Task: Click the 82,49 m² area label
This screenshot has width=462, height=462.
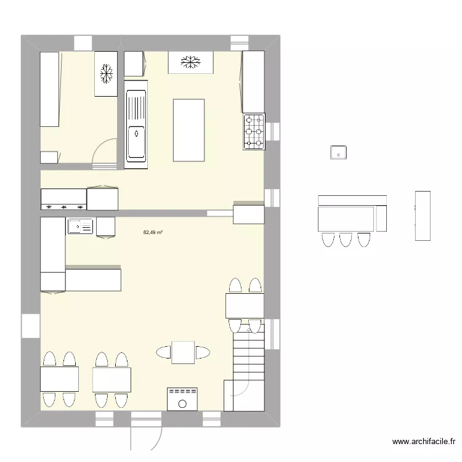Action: click(153, 233)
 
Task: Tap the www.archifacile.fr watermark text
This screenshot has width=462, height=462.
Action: click(423, 442)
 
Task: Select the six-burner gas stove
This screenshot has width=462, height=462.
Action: click(254, 131)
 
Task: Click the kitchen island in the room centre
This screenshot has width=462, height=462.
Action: click(189, 130)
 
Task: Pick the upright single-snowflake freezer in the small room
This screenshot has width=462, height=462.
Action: click(106, 74)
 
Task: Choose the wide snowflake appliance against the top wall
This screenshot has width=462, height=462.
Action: click(190, 62)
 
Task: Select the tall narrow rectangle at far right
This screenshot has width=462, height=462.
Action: click(423, 216)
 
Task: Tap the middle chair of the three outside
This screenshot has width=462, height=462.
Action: click(346, 239)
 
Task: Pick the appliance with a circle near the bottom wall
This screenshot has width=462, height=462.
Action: click(182, 399)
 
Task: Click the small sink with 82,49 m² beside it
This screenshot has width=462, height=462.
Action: click(80, 226)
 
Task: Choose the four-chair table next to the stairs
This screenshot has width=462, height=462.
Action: click(245, 306)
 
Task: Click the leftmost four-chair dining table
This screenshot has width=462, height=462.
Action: click(59, 379)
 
